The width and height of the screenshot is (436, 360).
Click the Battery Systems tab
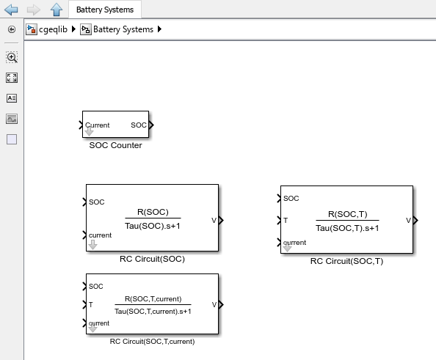105,10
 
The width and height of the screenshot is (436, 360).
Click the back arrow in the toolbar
11,10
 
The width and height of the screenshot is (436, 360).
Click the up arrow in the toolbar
56,10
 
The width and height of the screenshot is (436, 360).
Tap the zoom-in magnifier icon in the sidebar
12,57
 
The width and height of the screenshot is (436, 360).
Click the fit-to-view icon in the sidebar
12,78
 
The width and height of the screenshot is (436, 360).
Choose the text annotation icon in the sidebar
12,98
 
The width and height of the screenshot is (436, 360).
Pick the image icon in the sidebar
12,119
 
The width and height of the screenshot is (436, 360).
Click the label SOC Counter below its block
115,145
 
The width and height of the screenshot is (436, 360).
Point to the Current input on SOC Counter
96,125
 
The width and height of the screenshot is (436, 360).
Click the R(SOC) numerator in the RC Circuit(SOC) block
153,213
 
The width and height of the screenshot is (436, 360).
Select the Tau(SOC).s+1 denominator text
153,224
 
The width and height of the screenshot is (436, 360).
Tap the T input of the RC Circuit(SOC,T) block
286,220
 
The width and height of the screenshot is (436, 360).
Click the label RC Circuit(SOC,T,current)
152,341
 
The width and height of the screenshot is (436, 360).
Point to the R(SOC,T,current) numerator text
153,299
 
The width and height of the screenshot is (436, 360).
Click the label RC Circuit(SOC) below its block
152,259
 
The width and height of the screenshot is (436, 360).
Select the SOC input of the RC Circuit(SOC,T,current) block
95,287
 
